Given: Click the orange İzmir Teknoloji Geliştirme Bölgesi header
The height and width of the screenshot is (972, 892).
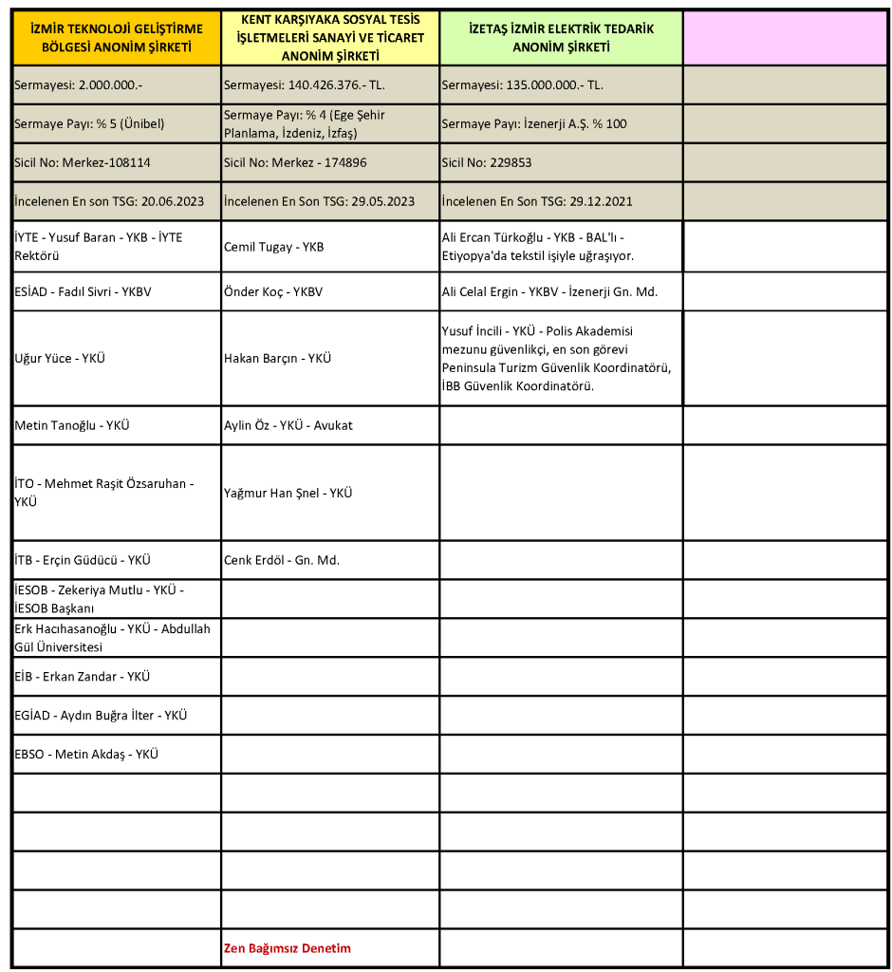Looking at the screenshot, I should (x=117, y=38).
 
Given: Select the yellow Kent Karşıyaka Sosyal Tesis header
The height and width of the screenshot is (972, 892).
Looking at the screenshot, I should (x=330, y=38).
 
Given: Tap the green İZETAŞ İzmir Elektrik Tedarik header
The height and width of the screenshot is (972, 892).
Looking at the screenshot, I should (x=561, y=38).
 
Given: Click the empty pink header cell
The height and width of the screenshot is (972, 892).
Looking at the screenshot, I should (x=786, y=38).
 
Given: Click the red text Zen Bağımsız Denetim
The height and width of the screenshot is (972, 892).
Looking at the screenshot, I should (x=287, y=948).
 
